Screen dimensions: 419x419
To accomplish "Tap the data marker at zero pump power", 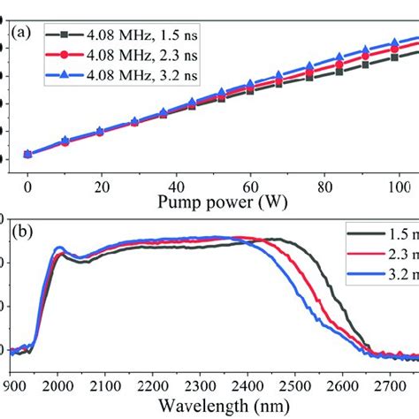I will click(x=28, y=155).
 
